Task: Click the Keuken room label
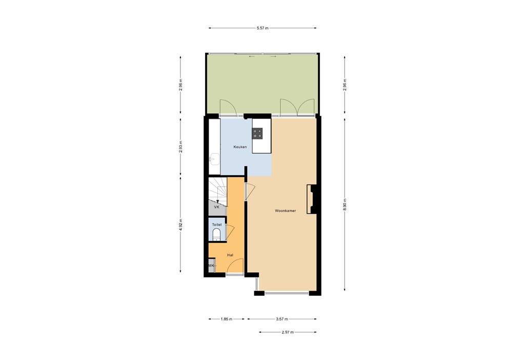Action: tap(240, 147)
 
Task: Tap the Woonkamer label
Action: tap(286, 210)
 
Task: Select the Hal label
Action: tap(230, 254)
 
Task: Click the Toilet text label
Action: tap(216, 225)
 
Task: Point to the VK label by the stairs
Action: tap(216, 208)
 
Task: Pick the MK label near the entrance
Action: tap(211, 266)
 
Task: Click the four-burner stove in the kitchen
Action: tap(257, 133)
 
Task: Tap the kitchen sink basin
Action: tap(213, 158)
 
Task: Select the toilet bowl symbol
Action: tap(216, 235)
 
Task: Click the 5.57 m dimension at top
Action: tap(262, 28)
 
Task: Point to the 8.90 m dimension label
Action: tap(345, 204)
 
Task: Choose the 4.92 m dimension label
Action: tap(181, 225)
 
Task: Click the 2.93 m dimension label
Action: tap(181, 147)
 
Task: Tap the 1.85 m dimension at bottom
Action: tap(226, 319)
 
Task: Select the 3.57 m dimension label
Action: tap(281, 319)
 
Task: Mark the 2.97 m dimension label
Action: tap(288, 332)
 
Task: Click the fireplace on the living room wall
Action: tap(311, 199)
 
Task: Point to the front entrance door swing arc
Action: tap(234, 266)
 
